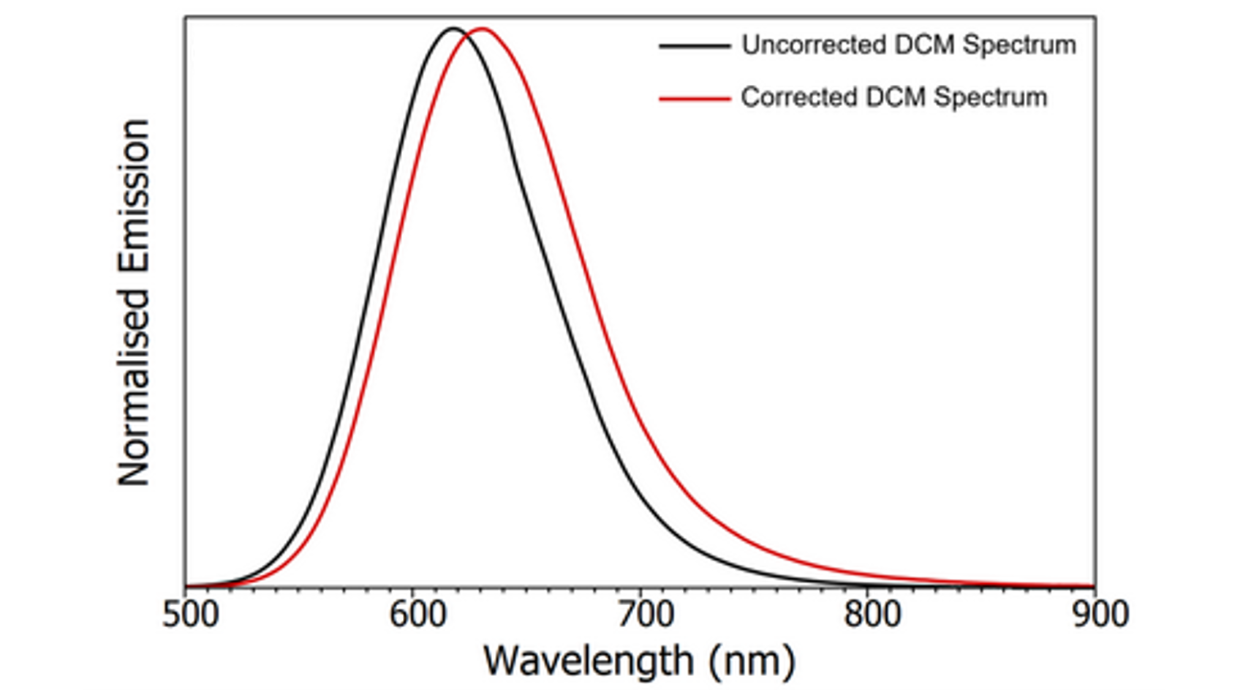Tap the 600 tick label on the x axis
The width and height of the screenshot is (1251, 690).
(x=418, y=614)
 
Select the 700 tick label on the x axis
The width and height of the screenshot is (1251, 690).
(x=646, y=614)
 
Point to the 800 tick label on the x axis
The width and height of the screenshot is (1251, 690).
(x=873, y=614)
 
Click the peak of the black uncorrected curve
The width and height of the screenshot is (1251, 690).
(x=453, y=29)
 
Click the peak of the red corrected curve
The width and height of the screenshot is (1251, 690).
(x=483, y=29)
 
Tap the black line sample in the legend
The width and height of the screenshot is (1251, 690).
(x=695, y=45)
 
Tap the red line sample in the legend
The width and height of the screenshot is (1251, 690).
(x=695, y=98)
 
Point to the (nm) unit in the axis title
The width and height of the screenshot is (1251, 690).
(x=752, y=661)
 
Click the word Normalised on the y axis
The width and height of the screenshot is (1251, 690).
(x=135, y=387)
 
